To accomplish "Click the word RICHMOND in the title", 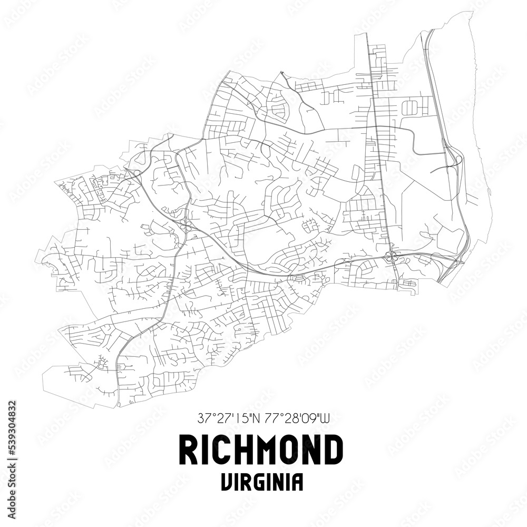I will pos(262,450).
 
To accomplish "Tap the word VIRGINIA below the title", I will pos(262,482).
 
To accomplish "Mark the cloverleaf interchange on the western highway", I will pos(185,226).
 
